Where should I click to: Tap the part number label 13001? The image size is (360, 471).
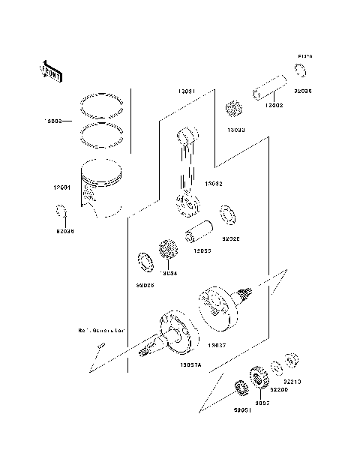[x=62, y=188]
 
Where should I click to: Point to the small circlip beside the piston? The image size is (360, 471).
[x=62, y=216]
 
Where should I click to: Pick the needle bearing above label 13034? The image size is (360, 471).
[x=166, y=250]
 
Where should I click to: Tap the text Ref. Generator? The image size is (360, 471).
[x=100, y=330]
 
